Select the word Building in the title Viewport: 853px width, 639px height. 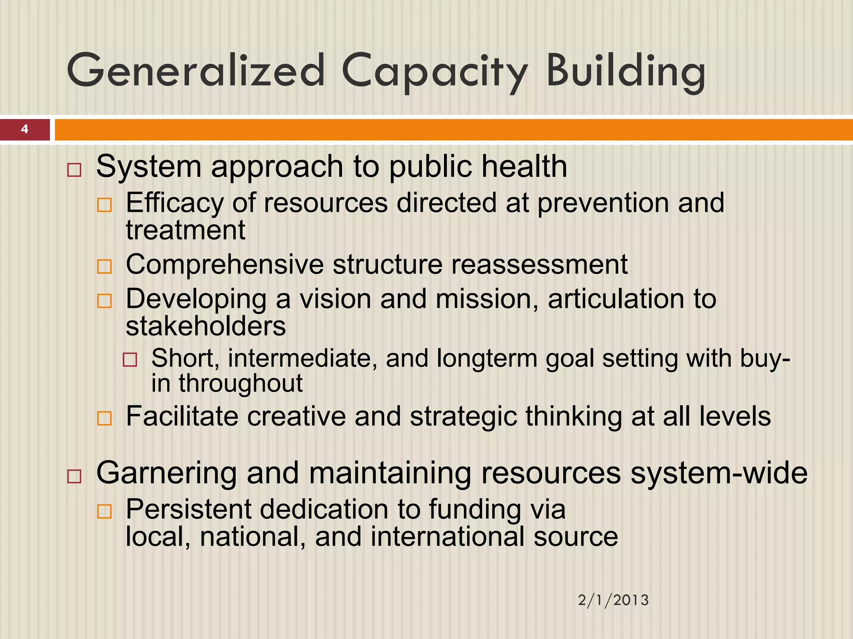coord(626,72)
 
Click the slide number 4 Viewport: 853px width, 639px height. coord(25,129)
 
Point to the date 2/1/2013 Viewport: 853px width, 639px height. coord(613,600)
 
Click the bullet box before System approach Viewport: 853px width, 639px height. coord(74,170)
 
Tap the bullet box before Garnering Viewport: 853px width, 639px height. coord(74,476)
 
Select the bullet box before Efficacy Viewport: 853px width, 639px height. coord(104,205)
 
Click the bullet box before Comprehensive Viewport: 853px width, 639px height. coord(104,267)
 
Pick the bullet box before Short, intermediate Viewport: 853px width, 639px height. coord(130,360)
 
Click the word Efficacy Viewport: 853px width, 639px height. coord(175,203)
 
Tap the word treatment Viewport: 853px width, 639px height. coord(186,230)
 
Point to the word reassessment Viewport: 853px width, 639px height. coord(539,265)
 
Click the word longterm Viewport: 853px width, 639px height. coord(487,359)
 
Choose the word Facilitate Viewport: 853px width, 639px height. coord(182,416)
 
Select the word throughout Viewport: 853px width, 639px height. coord(241,383)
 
